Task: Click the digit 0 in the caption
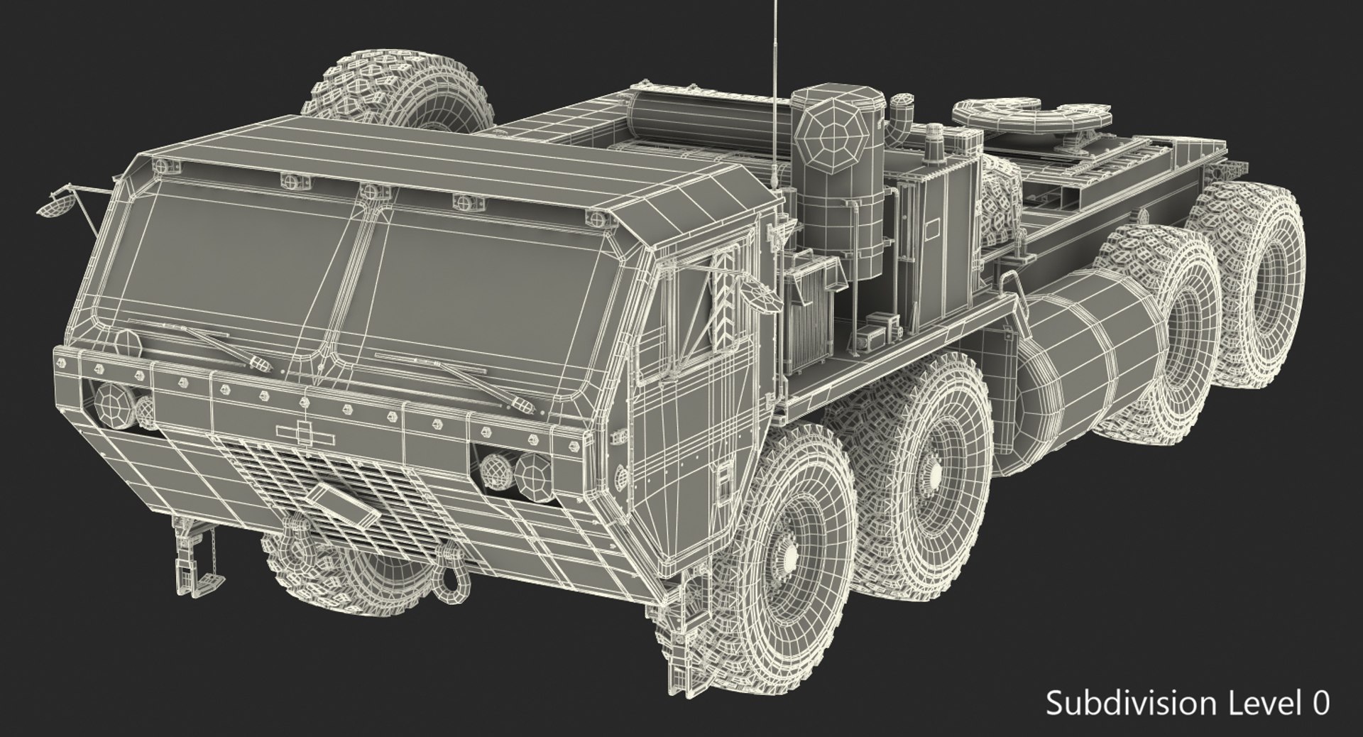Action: click(x=1320, y=704)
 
